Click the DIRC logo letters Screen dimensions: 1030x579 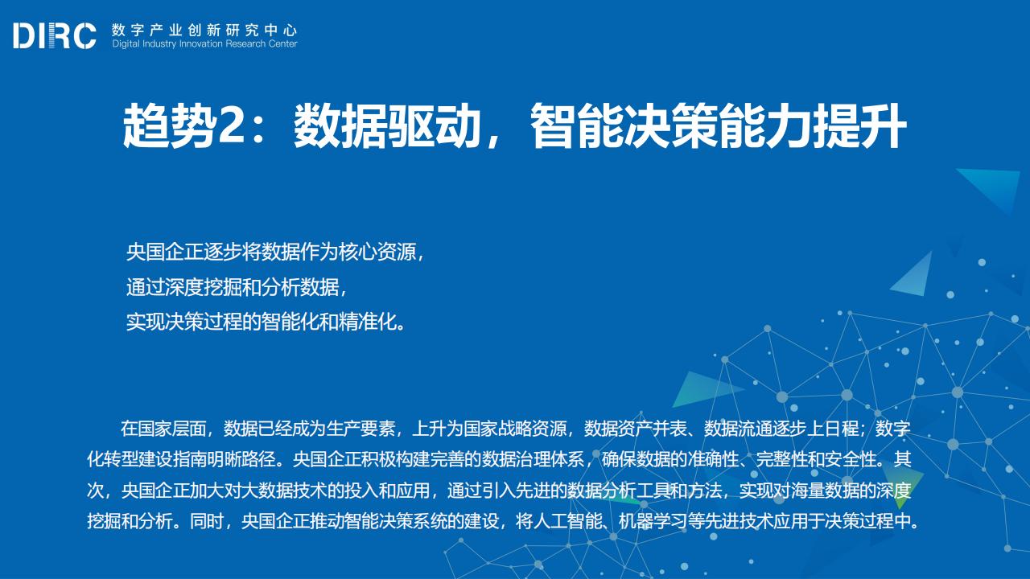coord(55,35)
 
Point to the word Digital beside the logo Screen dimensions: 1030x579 coord(126,44)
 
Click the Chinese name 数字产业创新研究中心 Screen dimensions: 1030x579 coord(204,31)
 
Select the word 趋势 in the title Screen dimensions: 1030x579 coord(169,126)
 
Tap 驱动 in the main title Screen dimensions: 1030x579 coord(433,126)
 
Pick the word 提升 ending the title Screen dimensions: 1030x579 coord(859,126)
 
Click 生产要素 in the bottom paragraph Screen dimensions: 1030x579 coord(361,429)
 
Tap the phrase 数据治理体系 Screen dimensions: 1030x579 coord(533,459)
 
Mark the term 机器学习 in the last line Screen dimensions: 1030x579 coord(653,522)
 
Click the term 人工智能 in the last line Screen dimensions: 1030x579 coord(568,522)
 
